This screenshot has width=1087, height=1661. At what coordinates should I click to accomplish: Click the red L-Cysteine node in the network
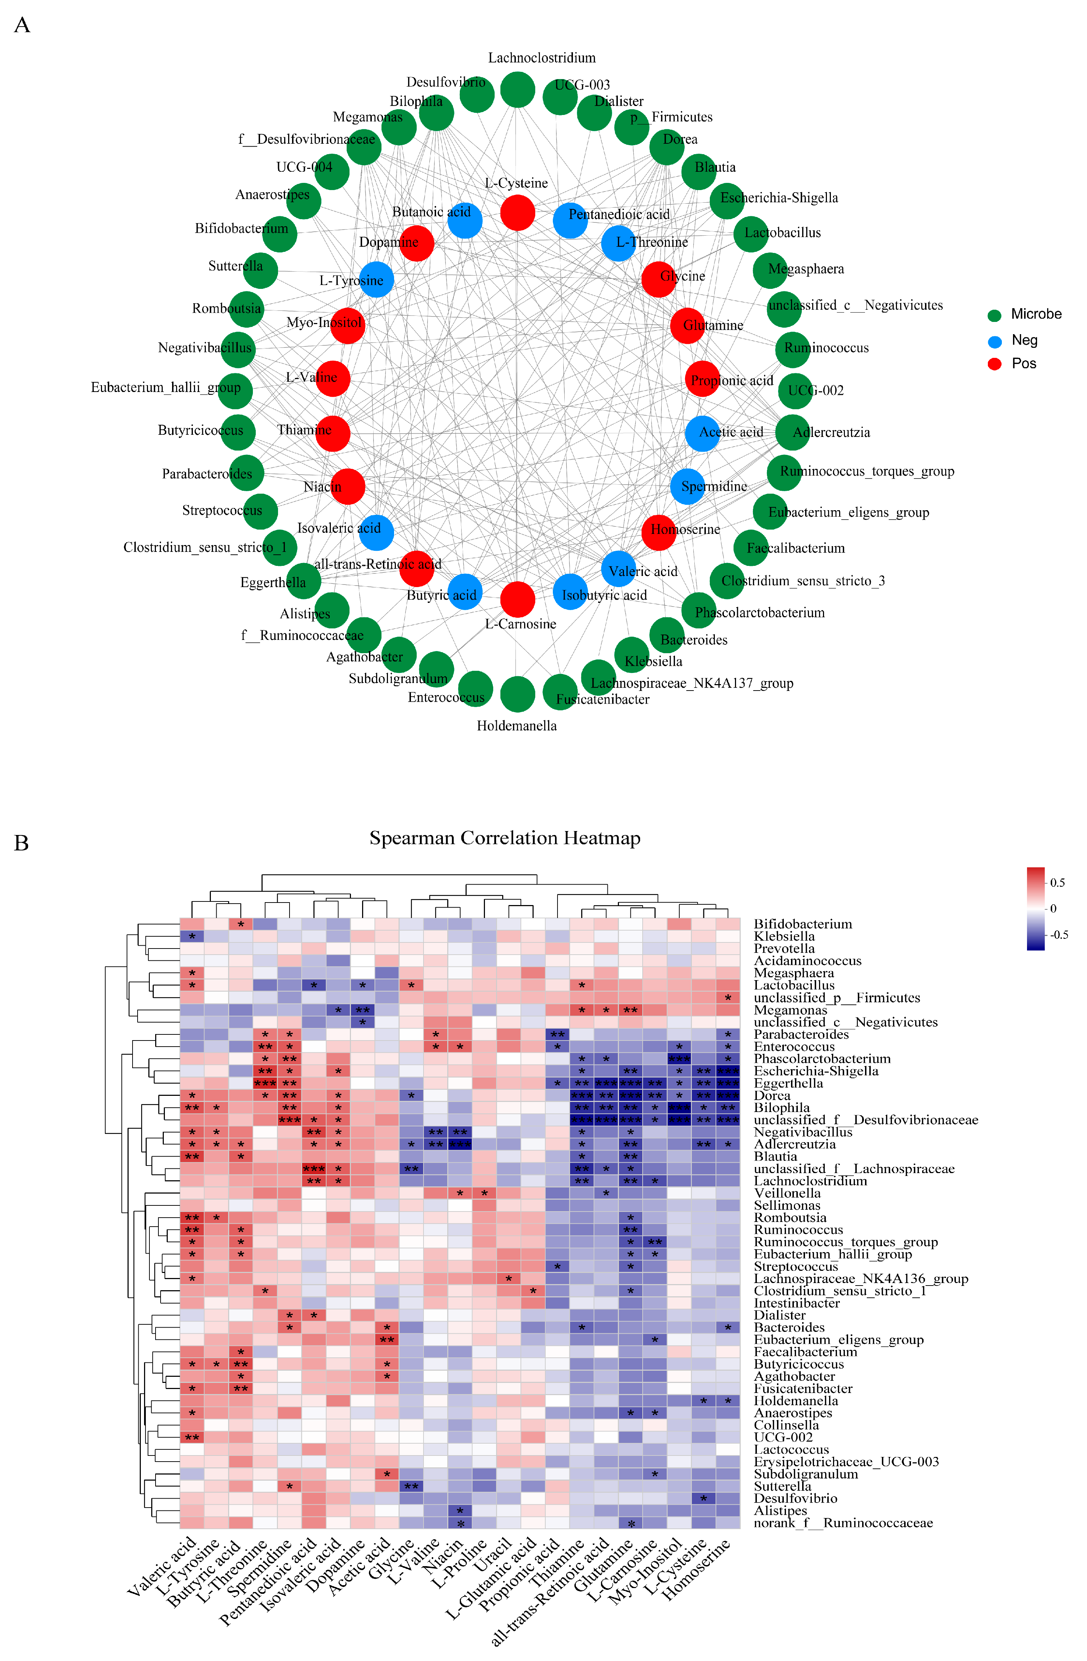(x=517, y=212)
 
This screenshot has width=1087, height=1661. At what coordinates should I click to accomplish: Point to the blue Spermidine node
(x=687, y=486)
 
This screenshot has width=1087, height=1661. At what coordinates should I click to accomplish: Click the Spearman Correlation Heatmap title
(x=504, y=838)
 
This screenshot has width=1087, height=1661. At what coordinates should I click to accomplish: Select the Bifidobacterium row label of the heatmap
(x=802, y=924)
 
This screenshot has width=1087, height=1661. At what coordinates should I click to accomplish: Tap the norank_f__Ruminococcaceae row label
(x=843, y=1522)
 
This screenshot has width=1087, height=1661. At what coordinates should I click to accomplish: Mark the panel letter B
(x=22, y=843)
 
